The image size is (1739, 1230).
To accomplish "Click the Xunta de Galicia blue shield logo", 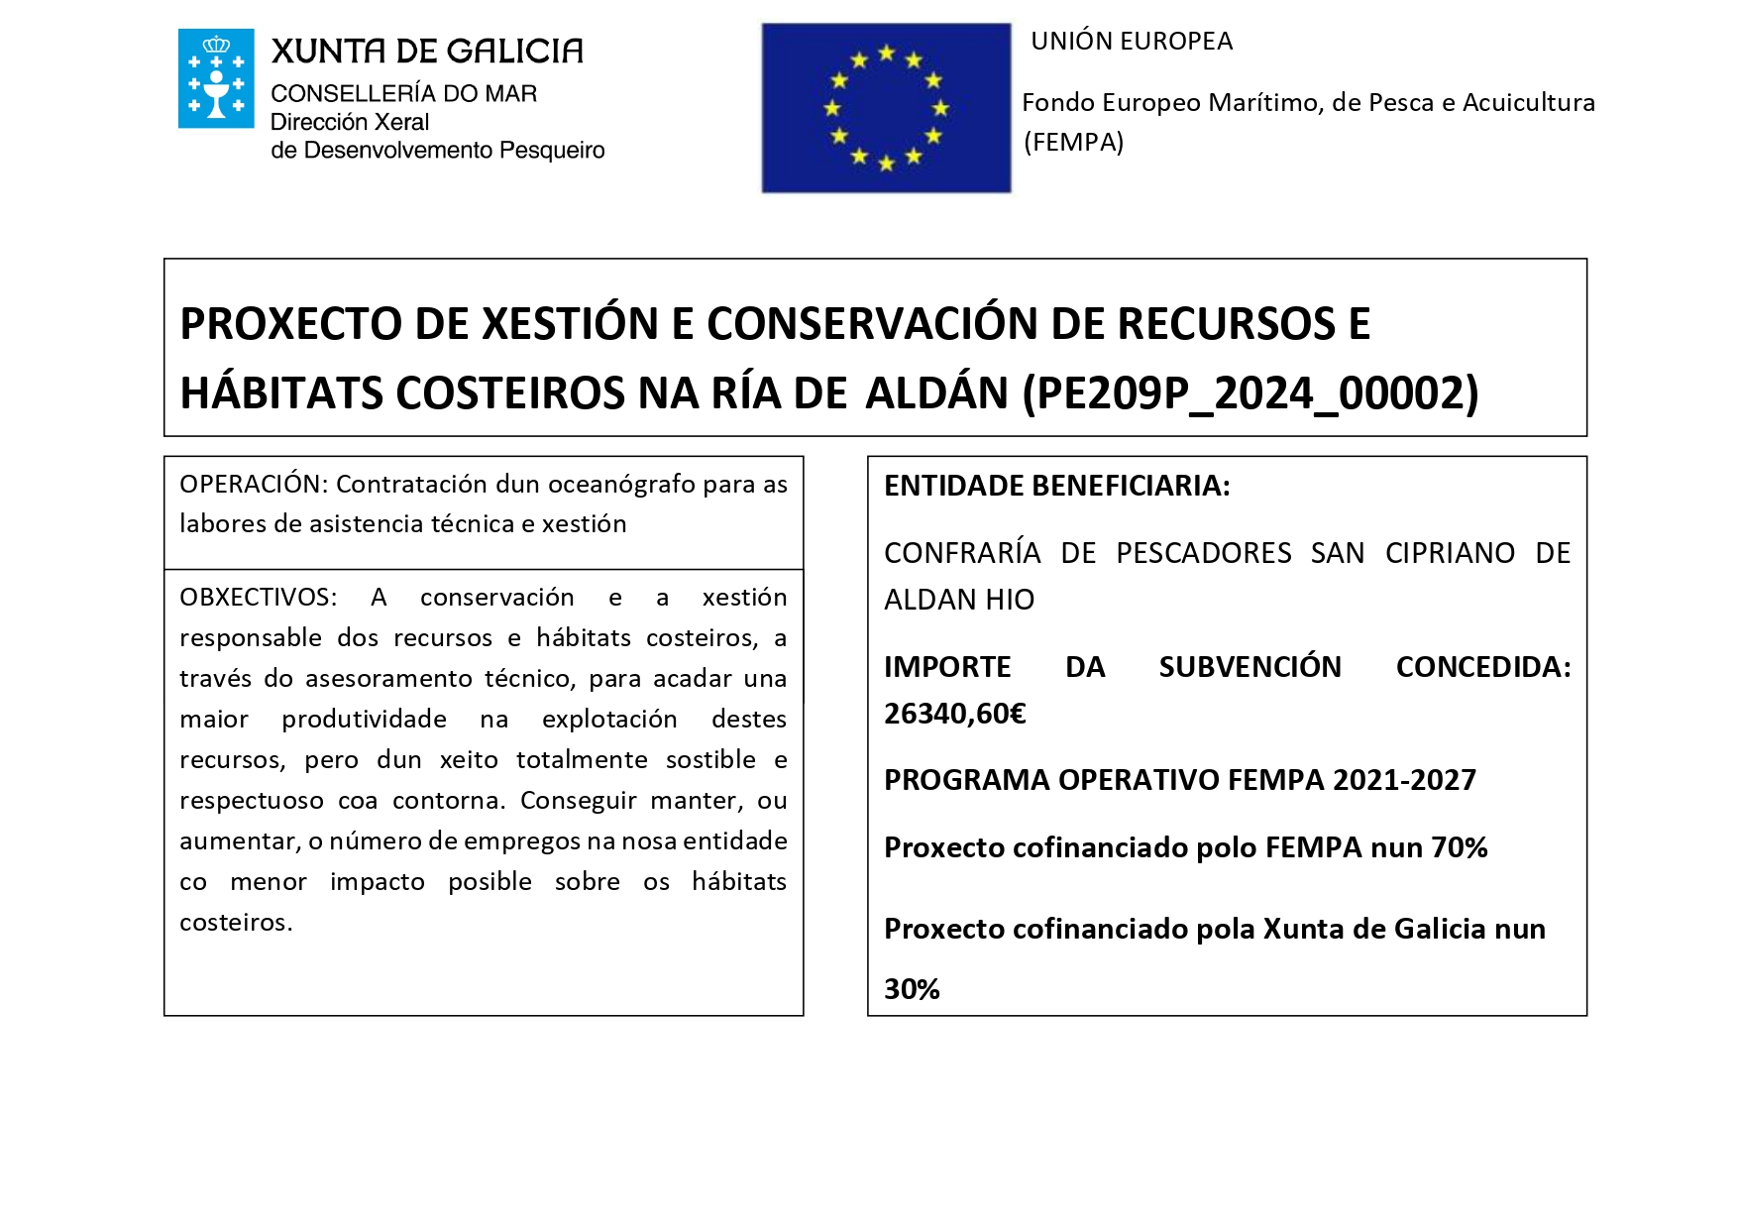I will (x=216, y=79).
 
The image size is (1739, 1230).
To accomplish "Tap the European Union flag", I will (x=886, y=108).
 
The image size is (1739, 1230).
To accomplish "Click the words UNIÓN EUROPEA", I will (x=1132, y=42).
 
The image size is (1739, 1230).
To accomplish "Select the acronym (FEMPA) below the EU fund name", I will (x=1074, y=143).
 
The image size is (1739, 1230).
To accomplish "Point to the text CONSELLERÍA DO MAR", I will (x=403, y=94).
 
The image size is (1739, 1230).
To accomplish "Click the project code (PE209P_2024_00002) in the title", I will (x=1250, y=393).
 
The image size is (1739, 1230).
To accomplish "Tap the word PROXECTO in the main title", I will (x=291, y=324).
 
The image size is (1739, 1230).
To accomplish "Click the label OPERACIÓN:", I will (x=253, y=485).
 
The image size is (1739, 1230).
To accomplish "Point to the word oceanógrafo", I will (x=621, y=485).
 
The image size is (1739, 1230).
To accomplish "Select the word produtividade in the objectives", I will (x=364, y=720).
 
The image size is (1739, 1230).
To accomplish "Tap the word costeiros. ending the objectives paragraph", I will (x=236, y=923).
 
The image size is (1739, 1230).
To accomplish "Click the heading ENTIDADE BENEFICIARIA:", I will (x=1056, y=486).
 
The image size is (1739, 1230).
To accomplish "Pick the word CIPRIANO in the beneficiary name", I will (x=1450, y=553).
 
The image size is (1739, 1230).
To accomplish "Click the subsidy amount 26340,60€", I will (x=954, y=714).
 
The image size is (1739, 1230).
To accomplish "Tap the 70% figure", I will (x=1459, y=848).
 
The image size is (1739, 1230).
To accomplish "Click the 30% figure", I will (x=912, y=989).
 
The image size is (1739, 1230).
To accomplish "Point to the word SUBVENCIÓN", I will (x=1250, y=667).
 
